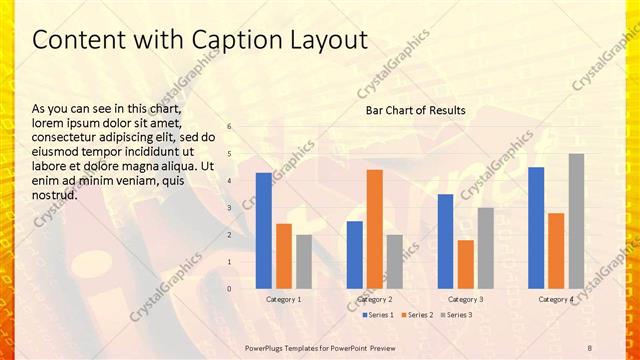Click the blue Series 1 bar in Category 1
264,231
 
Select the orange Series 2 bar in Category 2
374,229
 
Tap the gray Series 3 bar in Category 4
576,221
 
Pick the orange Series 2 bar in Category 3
465,264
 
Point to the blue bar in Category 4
536,228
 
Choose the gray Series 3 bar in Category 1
304,262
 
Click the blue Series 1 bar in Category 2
354,255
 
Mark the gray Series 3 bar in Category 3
485,248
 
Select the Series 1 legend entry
377,315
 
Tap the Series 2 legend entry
418,315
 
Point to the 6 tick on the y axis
230,127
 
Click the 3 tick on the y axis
230,208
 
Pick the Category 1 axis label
284,299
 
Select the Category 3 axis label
465,299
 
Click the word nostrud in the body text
55,195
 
